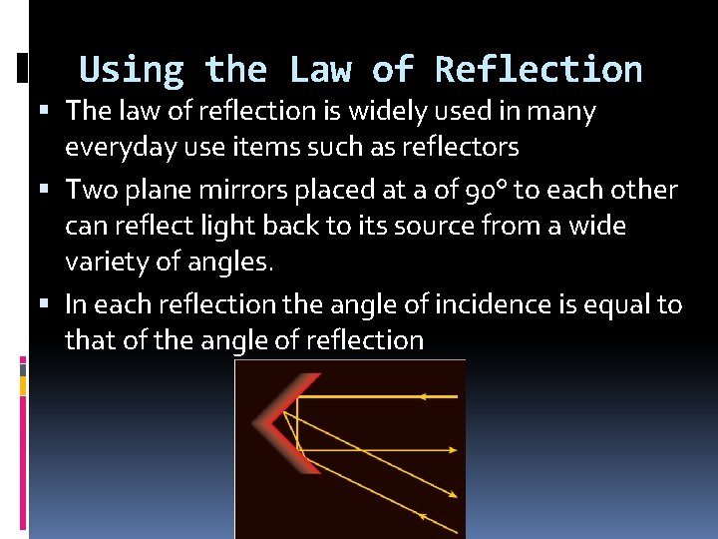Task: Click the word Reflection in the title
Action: pyautogui.click(x=538, y=70)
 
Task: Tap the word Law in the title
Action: pyautogui.click(x=319, y=70)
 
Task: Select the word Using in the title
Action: pyautogui.click(x=131, y=70)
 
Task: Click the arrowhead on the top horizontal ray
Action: pyautogui.click(x=423, y=396)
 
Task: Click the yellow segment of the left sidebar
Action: pyautogui.click(x=23, y=385)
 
